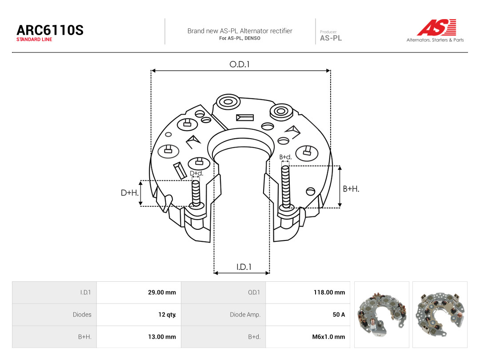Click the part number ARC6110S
pos(50,30)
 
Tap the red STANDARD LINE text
pos(34,40)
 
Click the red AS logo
pos(436,27)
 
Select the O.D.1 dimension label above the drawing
pos(240,64)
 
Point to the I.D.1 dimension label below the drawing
pos(244,267)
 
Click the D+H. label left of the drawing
pos(130,193)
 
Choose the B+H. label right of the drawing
pos(351,189)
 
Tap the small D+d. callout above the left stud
pos(196,173)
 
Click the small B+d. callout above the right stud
pos(286,157)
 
